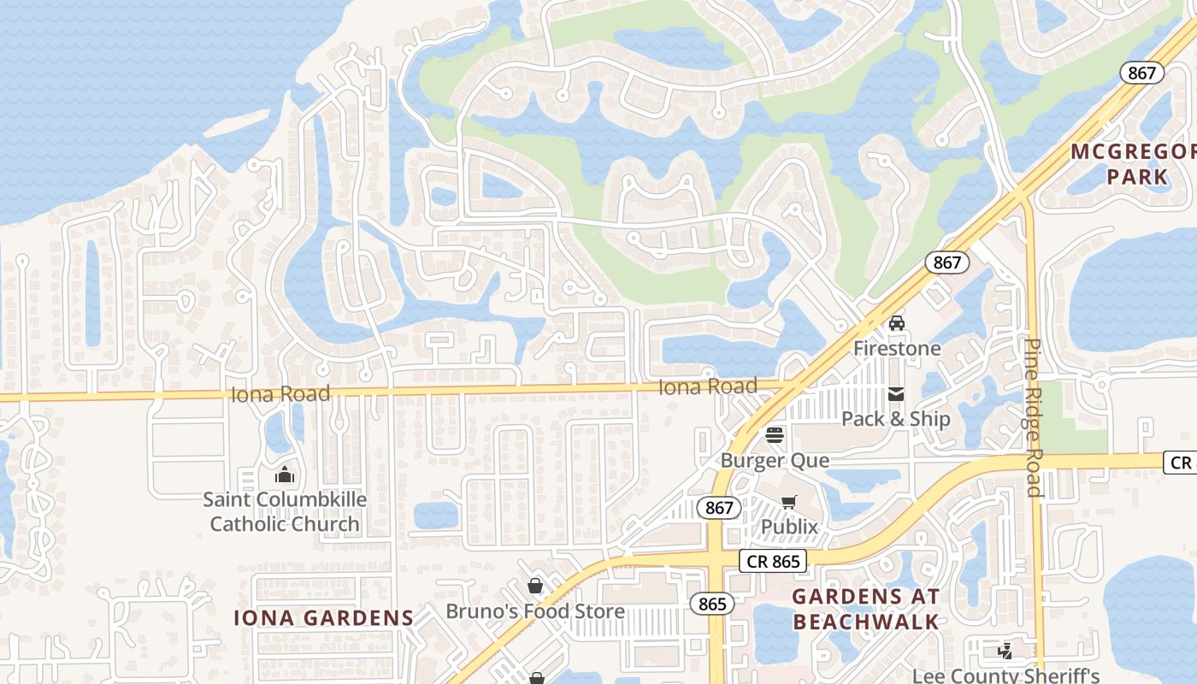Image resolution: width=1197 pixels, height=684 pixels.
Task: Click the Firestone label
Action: point(897,348)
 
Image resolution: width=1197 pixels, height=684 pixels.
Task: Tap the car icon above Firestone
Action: point(896,323)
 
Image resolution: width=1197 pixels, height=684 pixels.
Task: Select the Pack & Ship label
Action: point(895,418)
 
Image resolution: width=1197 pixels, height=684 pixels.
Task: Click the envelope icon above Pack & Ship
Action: point(896,394)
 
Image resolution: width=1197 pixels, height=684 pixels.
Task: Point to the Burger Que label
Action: point(775,460)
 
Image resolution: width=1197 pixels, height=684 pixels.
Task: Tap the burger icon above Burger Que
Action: point(775,435)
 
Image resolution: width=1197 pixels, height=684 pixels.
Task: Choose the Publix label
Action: point(789,527)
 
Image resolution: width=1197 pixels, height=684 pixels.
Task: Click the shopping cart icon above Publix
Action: point(788,502)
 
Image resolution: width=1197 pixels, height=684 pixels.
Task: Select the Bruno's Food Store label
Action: point(535,611)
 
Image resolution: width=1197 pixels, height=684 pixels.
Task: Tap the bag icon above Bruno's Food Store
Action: point(535,586)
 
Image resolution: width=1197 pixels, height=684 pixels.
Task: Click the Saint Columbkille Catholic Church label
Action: point(285,511)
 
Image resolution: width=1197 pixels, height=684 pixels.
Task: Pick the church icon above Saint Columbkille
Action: point(285,475)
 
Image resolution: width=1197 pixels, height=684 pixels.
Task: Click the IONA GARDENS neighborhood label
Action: point(324,617)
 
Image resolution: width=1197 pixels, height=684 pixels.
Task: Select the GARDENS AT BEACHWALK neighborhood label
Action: point(865,609)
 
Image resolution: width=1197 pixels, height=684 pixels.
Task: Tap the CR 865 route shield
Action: point(772,561)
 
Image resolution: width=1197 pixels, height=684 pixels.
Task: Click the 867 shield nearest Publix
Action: point(719,508)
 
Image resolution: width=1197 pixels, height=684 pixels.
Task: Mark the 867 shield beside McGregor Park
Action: point(1141,73)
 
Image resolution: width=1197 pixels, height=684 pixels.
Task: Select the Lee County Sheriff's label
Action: point(1006,675)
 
